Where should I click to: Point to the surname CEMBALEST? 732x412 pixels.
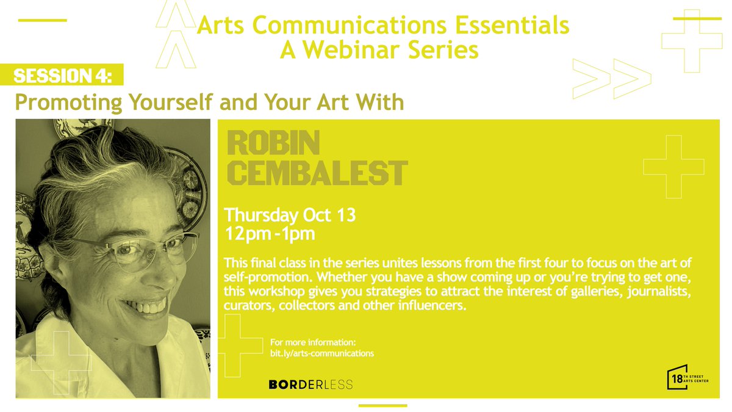(316, 173)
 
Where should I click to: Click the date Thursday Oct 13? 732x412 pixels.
(290, 215)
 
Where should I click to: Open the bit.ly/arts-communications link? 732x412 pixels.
(321, 353)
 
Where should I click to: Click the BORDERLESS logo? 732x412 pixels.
(310, 385)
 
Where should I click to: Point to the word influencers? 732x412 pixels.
(429, 306)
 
